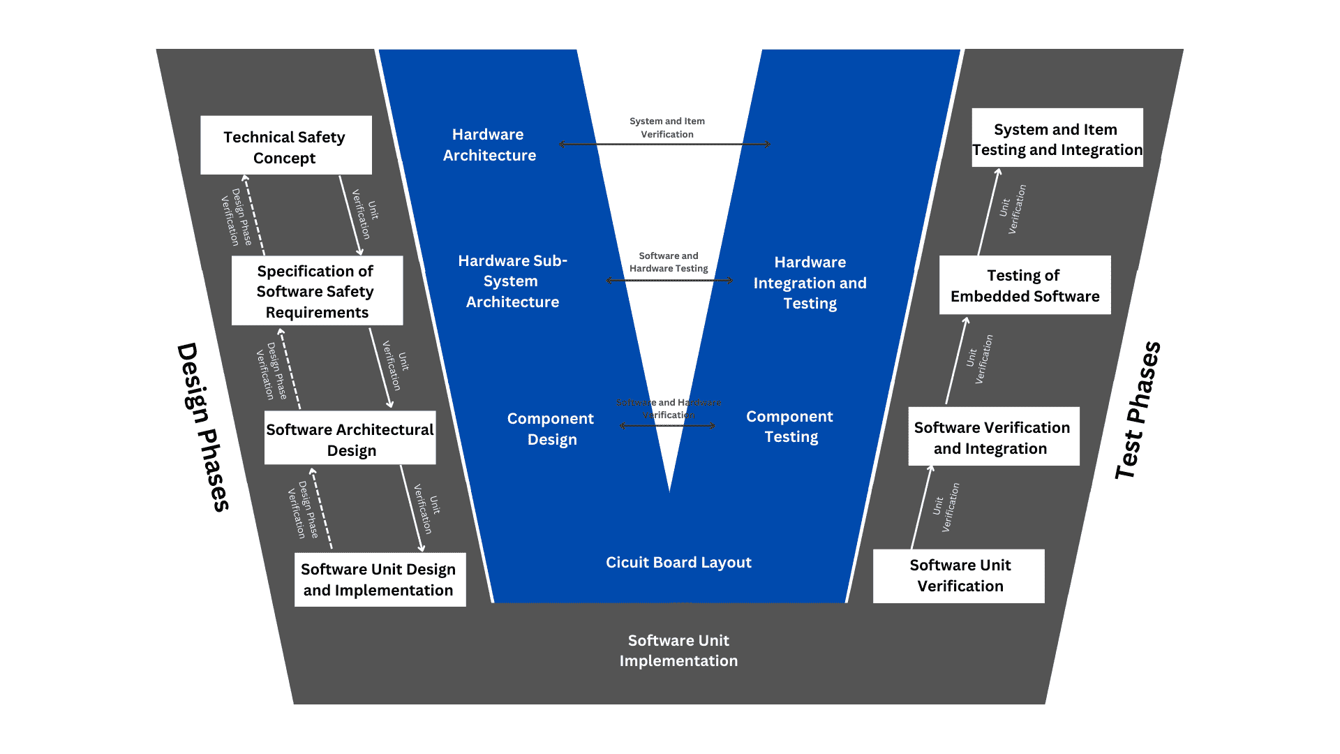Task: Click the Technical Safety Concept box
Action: click(x=285, y=146)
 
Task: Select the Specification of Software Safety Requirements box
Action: click(x=317, y=291)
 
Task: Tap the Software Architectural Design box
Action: click(x=350, y=438)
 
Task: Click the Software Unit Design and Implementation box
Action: click(x=380, y=580)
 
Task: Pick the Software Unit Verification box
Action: click(x=959, y=576)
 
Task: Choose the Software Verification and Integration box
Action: click(x=993, y=437)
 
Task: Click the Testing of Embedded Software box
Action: click(x=1025, y=286)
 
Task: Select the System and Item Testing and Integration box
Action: click(x=1057, y=138)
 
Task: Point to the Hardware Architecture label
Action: click(x=489, y=145)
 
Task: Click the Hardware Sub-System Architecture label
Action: click(x=512, y=281)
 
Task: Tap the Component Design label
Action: click(x=551, y=429)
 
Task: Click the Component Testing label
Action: click(x=790, y=427)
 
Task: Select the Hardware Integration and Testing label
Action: click(x=810, y=283)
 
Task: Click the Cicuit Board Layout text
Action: click(x=678, y=563)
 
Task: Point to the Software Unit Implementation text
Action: click(x=678, y=651)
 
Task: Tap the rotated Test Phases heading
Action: click(x=1137, y=411)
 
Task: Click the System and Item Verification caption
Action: click(x=667, y=128)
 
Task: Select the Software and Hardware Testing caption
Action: click(x=669, y=263)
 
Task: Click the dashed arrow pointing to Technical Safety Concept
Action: click(x=254, y=215)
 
